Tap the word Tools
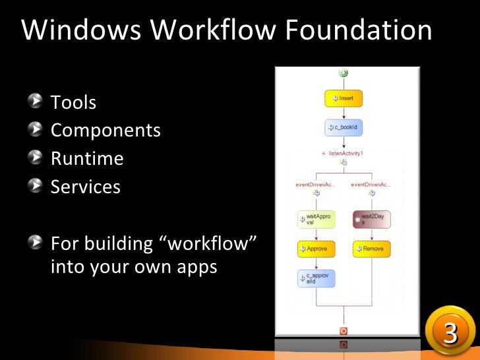click(x=74, y=103)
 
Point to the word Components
click(x=105, y=131)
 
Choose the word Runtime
click(x=87, y=159)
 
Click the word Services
click(x=86, y=187)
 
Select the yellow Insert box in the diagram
click(x=344, y=98)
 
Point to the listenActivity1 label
click(x=345, y=153)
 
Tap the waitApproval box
click(x=316, y=220)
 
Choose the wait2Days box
click(x=372, y=220)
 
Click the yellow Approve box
click(x=316, y=249)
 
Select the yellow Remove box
click(x=372, y=249)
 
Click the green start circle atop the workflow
click(x=344, y=73)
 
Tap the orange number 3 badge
click(x=450, y=334)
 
